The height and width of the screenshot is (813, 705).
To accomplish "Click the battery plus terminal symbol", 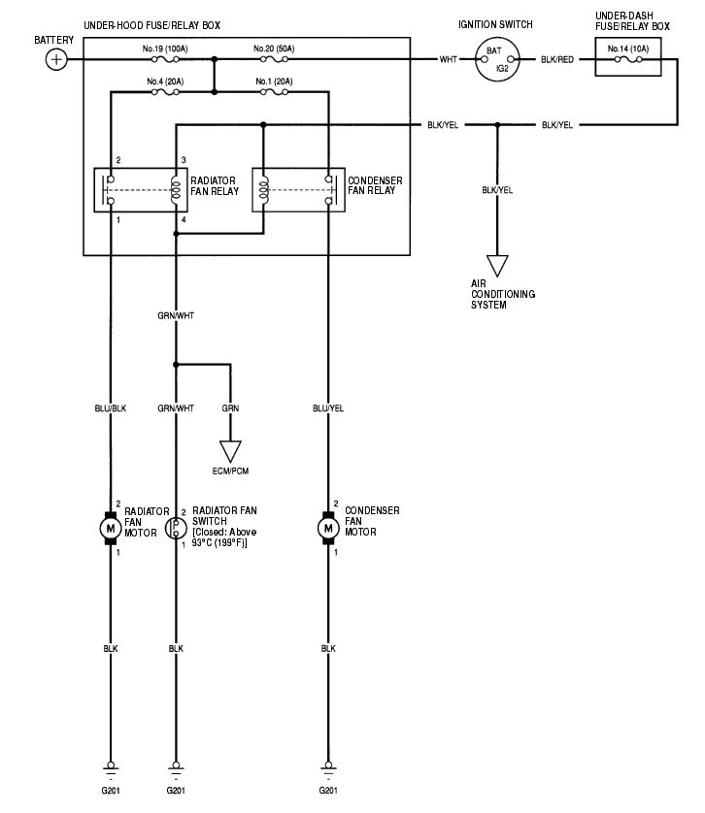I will pos(56,60).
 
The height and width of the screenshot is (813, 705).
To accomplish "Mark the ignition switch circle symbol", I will pos(495,60).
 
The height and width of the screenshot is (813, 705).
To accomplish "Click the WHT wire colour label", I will pos(449,60).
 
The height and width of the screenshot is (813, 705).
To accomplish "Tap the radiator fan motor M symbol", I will pos(110,528).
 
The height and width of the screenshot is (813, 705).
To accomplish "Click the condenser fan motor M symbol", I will pos(327,528).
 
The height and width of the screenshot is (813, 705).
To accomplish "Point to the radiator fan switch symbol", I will pos(176,528).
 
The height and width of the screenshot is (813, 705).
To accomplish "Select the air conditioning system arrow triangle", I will pos(497,265).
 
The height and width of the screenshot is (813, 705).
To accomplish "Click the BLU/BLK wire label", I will pos(110,408).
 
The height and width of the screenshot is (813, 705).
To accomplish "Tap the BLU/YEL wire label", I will pos(327,408).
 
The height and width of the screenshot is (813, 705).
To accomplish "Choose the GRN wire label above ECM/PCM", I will pos(230,408).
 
